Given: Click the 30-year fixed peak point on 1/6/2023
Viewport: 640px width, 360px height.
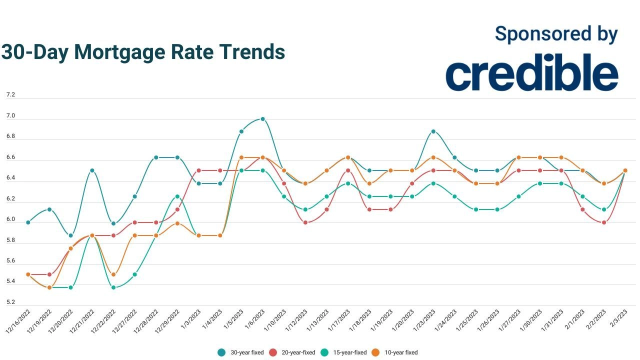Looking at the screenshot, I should pos(262,119).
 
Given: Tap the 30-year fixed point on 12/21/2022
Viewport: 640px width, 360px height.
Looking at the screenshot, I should pos(92,170).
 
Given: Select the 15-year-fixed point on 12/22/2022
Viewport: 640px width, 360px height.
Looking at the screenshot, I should pos(113,287).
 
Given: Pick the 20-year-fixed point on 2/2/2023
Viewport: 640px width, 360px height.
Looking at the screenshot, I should pos(604,222).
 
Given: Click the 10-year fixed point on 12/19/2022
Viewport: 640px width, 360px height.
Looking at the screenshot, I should pos(49,287).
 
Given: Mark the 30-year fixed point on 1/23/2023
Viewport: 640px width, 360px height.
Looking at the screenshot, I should pos(433,131).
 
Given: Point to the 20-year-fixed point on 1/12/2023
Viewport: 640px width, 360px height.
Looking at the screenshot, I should pos(305,222).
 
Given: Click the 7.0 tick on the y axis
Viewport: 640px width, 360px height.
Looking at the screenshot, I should pos(10,116).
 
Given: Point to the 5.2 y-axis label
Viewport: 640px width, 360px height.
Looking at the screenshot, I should pos(10,302).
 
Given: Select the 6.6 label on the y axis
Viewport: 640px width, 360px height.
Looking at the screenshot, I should pos(10,157).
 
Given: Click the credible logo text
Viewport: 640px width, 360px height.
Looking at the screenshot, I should pos(531,73).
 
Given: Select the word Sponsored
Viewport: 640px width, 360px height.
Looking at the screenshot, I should pos(535,33).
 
